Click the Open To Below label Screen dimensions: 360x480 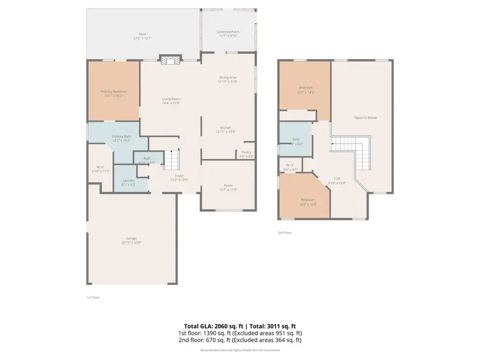[366, 117]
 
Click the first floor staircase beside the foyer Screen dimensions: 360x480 [172, 159]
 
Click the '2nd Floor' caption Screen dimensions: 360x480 [284, 233]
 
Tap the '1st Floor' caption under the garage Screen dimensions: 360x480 [93, 297]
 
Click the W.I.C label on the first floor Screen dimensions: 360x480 [99, 169]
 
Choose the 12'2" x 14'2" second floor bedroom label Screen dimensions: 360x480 [306, 90]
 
